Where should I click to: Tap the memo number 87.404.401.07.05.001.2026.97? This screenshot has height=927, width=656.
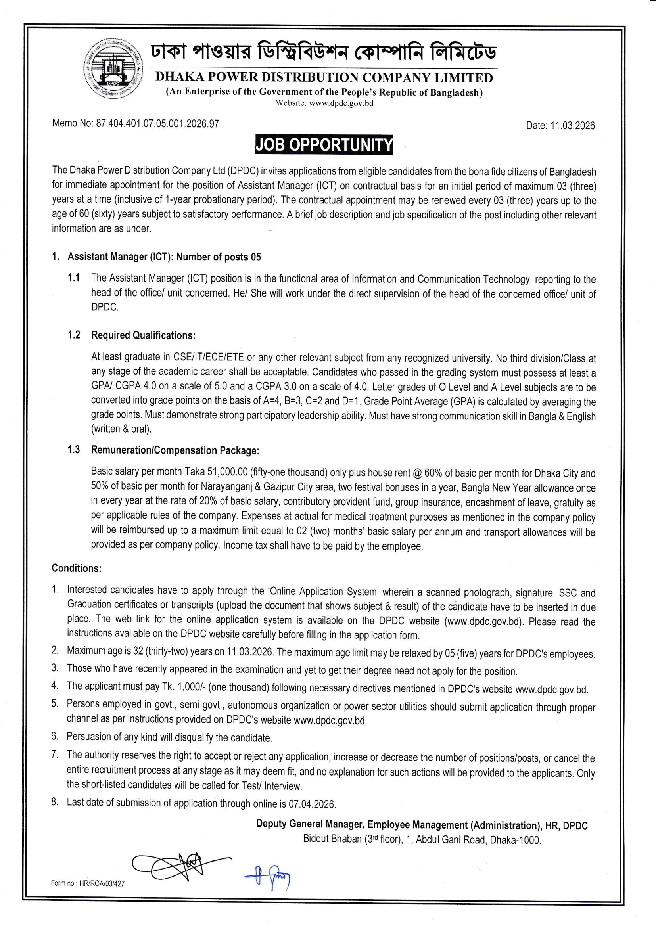(x=157, y=124)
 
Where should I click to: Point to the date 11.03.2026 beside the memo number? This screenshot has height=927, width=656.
(x=572, y=126)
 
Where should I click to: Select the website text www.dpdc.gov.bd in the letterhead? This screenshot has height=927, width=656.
(x=341, y=103)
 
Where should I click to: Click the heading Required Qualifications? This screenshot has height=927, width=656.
(x=144, y=335)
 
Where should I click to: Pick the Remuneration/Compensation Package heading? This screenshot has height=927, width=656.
(x=175, y=450)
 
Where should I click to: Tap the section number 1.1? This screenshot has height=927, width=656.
(x=73, y=278)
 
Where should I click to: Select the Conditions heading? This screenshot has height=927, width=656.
(x=76, y=568)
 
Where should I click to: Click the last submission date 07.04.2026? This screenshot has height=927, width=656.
(x=312, y=804)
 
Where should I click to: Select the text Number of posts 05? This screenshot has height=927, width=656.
(x=219, y=257)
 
